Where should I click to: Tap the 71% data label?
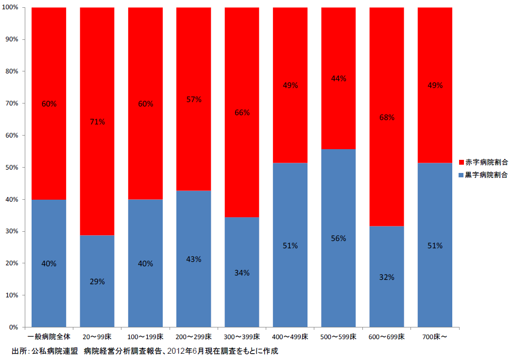[x=97, y=122]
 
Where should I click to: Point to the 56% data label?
[x=339, y=239]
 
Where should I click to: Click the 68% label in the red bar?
[x=387, y=118]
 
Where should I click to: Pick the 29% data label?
[x=97, y=282]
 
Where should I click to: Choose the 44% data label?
[x=339, y=79]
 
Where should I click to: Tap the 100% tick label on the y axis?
[x=10, y=8]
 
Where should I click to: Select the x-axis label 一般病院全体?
[x=49, y=337]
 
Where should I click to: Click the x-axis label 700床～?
[x=435, y=337]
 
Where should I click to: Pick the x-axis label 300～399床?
[x=242, y=337]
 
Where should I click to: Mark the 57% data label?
[x=194, y=100]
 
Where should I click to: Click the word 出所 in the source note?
[x=18, y=350]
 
